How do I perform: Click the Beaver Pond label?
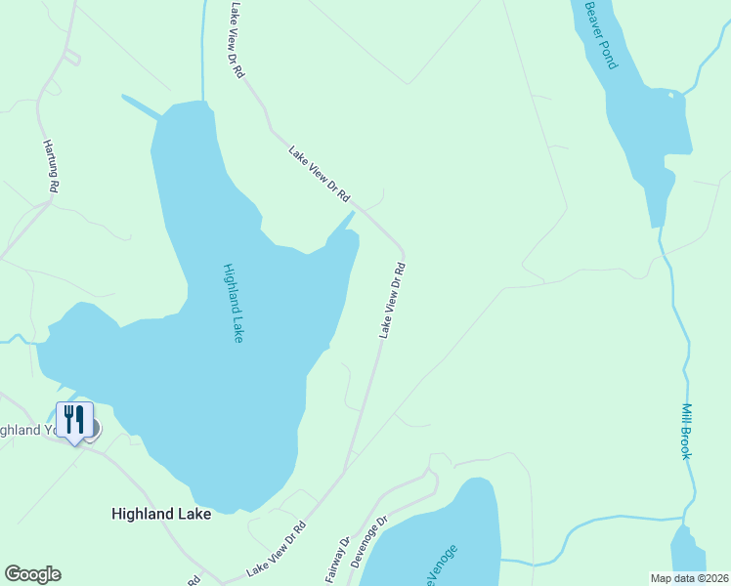[x=601, y=34]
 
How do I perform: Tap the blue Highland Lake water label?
[x=233, y=303]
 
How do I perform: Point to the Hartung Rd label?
[x=52, y=165]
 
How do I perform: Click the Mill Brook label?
[x=687, y=431]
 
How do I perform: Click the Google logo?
[x=32, y=574]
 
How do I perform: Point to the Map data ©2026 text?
[x=689, y=577]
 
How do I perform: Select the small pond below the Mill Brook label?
[x=688, y=557]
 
